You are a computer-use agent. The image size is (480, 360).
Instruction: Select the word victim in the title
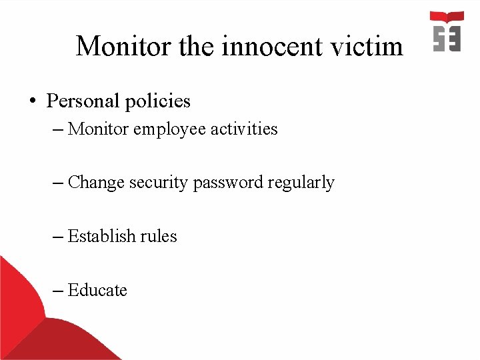[x=370, y=47]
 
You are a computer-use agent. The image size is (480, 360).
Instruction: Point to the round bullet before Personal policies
[x=31, y=102]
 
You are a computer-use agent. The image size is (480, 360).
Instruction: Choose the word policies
[x=157, y=101]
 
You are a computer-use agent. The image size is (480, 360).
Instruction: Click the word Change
[x=95, y=182]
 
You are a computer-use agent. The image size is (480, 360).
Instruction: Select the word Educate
[x=97, y=290]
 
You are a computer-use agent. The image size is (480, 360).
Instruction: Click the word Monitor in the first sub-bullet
[x=98, y=129]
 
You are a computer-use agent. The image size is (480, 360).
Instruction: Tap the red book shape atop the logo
[x=447, y=17]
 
